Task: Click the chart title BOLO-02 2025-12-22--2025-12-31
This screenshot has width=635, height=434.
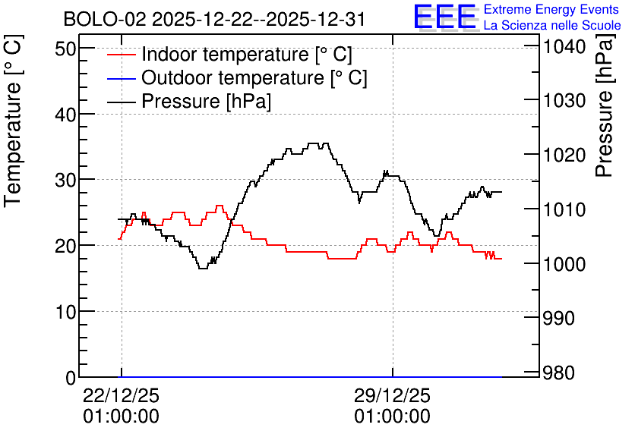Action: [214, 20]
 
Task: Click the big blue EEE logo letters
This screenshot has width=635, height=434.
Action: [444, 17]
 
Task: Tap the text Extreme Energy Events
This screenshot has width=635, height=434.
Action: [551, 9]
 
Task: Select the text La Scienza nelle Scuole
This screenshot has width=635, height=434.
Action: [552, 25]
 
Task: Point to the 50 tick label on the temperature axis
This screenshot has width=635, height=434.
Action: [65, 49]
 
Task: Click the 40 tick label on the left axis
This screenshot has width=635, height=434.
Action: [65, 115]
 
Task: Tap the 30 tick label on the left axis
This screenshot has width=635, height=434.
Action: [65, 180]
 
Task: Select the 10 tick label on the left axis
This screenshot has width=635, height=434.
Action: [65, 312]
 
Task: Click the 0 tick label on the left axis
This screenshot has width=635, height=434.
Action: [71, 378]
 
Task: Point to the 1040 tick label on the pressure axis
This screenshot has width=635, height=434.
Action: [564, 47]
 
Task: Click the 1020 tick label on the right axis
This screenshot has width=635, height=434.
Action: [564, 156]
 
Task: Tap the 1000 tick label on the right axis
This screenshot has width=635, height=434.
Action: [564, 264]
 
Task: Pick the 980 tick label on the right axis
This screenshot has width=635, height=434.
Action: [559, 373]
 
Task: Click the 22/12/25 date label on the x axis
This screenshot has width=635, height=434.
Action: [121, 395]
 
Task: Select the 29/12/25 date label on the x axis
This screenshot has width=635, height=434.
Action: [392, 395]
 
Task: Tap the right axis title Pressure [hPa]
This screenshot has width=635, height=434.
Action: [605, 105]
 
